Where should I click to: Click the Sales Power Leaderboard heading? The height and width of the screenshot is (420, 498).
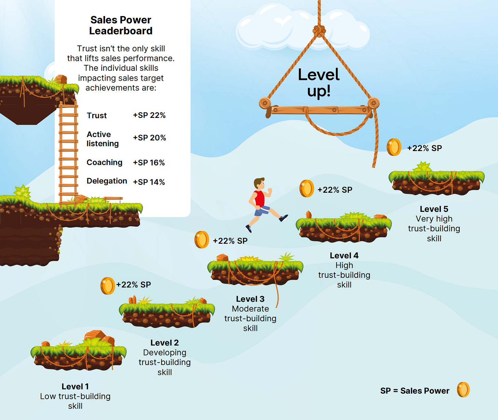[121, 25]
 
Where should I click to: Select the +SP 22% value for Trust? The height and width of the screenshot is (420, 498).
[149, 116]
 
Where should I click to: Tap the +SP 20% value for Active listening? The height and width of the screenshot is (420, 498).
[149, 138]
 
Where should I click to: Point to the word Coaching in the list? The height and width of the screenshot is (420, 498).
[104, 162]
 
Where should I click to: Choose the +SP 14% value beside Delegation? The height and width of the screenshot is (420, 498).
[149, 182]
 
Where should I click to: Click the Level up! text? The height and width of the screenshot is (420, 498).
[318, 83]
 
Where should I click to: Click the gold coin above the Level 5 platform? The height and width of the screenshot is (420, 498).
[394, 147]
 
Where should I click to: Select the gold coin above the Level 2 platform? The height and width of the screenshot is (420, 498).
[107, 286]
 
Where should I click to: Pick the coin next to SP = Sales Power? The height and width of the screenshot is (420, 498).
[463, 390]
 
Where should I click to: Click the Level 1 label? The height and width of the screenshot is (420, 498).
[75, 387]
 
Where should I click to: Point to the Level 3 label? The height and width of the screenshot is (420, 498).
[250, 299]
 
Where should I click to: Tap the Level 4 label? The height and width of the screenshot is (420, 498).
[344, 256]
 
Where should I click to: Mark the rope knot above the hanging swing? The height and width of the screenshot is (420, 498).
[319, 31]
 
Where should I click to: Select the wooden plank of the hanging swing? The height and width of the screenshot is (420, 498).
[319, 110]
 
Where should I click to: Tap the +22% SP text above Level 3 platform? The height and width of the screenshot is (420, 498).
[230, 241]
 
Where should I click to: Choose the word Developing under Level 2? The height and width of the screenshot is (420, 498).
[165, 353]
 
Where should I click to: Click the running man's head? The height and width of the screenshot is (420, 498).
[259, 184]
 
